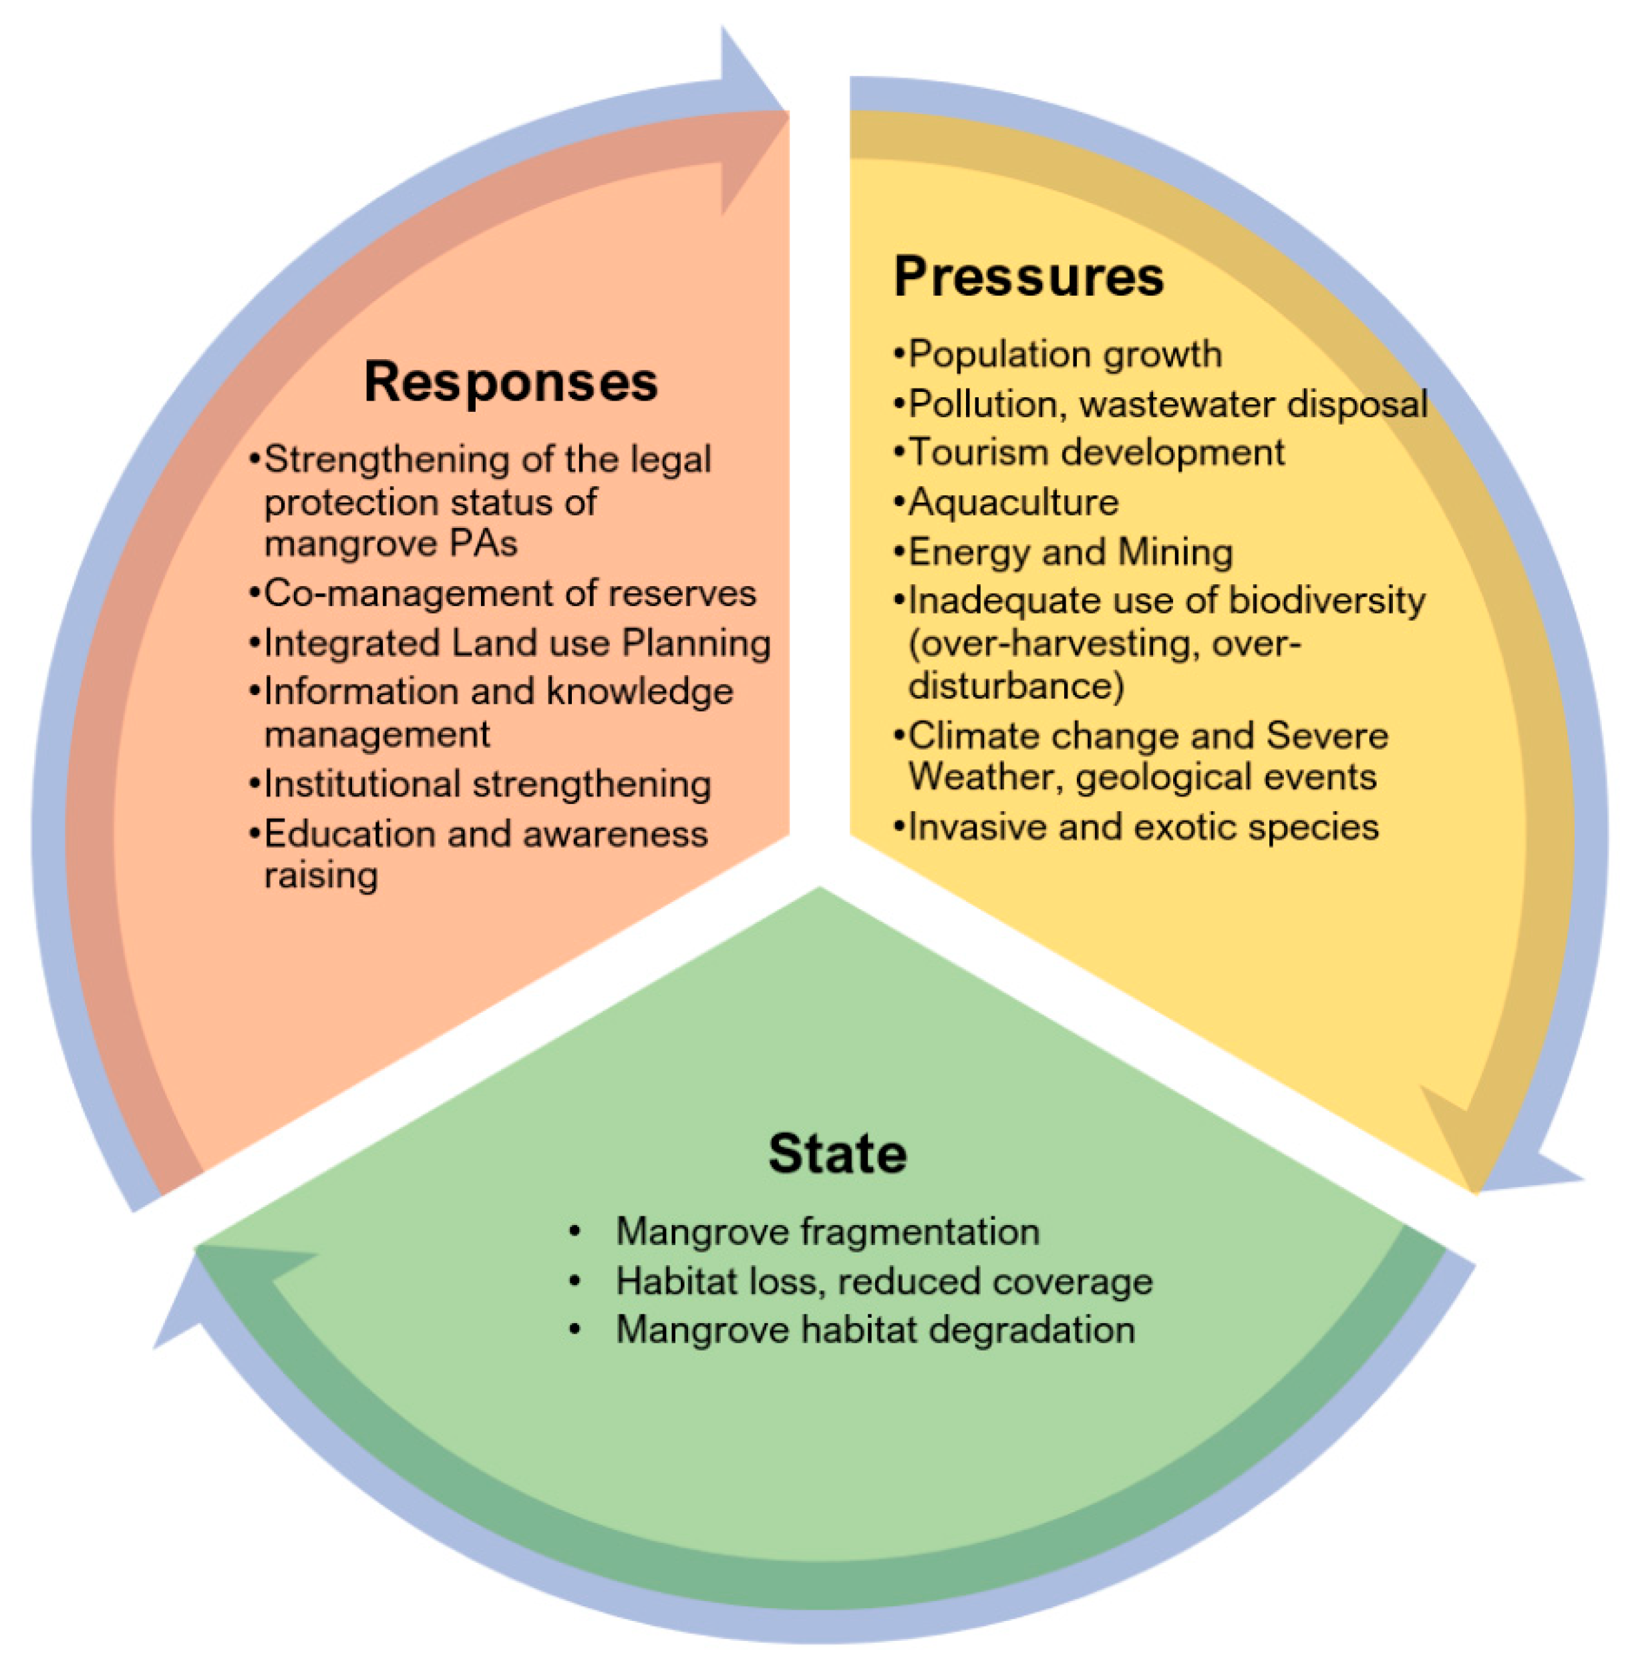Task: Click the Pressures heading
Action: point(1028,276)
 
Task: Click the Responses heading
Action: point(511,382)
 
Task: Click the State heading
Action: point(837,1154)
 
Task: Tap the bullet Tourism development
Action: point(1096,452)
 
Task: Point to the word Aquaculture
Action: point(1013,501)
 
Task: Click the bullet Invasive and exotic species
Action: point(1143,826)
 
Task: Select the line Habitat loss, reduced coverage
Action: point(884,1281)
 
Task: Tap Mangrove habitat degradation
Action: point(875,1330)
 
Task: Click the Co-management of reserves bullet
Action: point(509,593)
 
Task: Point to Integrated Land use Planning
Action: point(517,643)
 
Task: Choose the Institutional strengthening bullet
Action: point(487,784)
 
